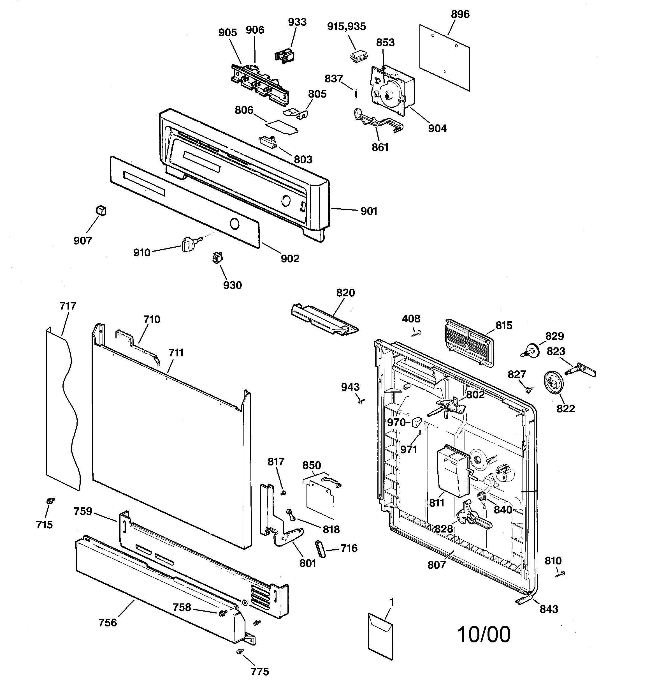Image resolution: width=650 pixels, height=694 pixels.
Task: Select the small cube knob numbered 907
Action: pos(101,211)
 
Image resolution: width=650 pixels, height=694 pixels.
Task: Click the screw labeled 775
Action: pos(239,651)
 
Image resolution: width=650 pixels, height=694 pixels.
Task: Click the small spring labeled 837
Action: pos(356,94)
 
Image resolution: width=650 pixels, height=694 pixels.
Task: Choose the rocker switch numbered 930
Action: pos(218,258)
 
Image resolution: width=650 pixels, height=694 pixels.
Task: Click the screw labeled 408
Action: pos(417,333)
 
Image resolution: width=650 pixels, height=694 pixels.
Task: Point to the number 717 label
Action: pos(68,306)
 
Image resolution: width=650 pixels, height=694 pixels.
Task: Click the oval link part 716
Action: pos(320,550)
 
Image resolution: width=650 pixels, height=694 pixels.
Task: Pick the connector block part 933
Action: pos(284,56)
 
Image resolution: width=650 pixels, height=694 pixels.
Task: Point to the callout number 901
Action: pos(369,211)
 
